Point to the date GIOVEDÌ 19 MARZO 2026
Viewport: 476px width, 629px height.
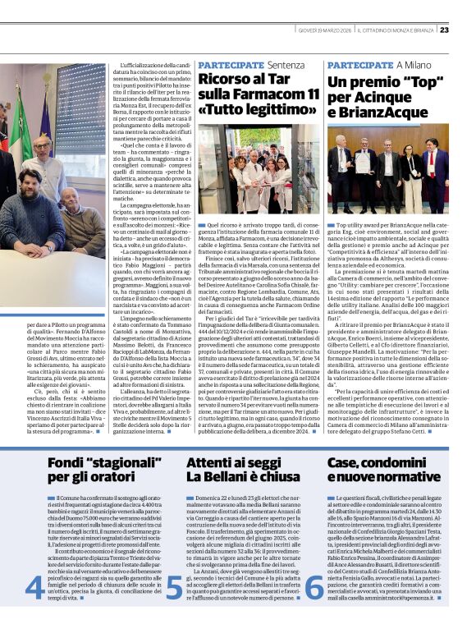(326, 30)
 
